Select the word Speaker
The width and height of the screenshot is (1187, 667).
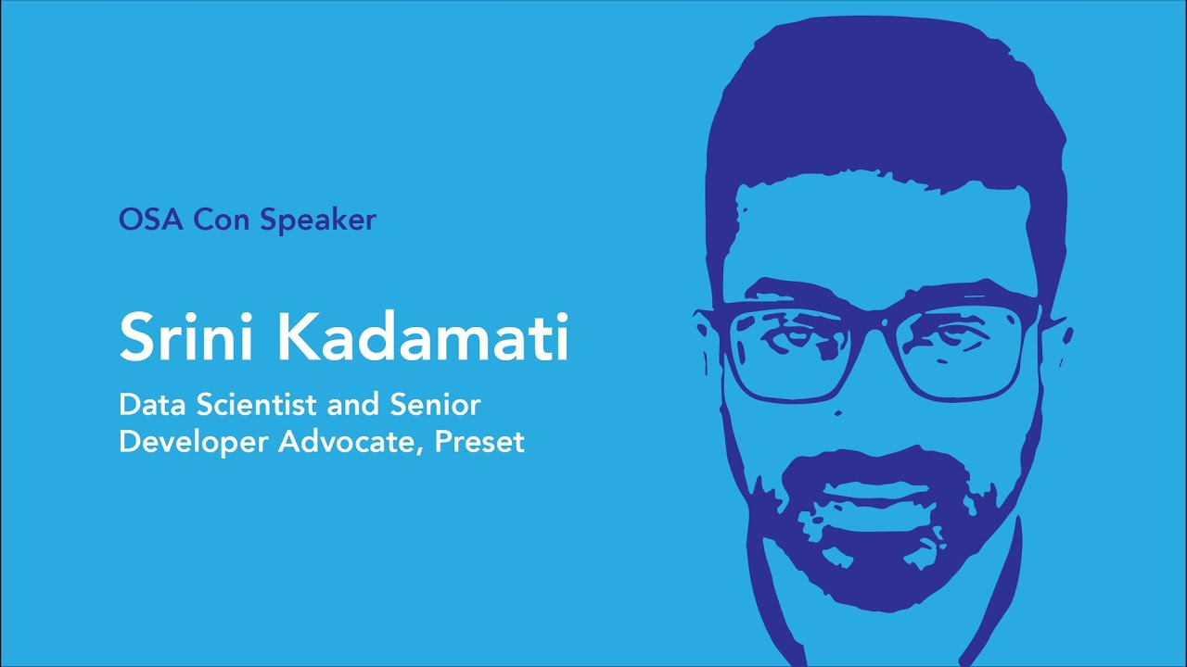point(318,221)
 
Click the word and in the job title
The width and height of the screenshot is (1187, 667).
point(353,405)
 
